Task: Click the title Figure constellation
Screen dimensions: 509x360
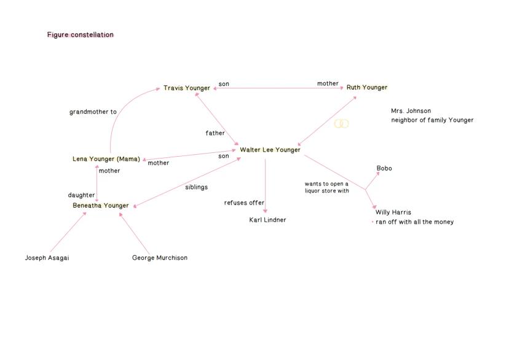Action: point(80,34)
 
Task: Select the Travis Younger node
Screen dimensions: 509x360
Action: point(187,88)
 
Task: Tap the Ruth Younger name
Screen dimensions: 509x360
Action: point(367,87)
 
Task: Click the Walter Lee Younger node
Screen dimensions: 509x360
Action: point(270,150)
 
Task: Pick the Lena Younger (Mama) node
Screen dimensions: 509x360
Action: point(106,159)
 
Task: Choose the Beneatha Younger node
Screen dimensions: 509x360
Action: point(101,205)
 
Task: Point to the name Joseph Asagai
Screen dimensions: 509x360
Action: point(47,258)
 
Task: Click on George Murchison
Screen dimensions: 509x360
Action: point(160,258)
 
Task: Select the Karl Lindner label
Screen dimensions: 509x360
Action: point(267,220)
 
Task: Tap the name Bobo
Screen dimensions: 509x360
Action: point(384,168)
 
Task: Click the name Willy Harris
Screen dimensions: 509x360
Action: point(393,213)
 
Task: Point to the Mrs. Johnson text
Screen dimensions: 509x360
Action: point(411,111)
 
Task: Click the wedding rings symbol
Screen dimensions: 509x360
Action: point(342,123)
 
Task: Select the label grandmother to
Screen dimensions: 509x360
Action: point(93,112)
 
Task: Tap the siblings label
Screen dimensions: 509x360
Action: point(196,187)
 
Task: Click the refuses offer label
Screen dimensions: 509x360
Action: point(244,203)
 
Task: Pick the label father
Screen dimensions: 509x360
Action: point(215,133)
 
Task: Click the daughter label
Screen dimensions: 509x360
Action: point(81,195)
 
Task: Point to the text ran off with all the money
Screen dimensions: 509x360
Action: point(414,222)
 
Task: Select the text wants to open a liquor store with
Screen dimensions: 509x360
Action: point(326,187)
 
